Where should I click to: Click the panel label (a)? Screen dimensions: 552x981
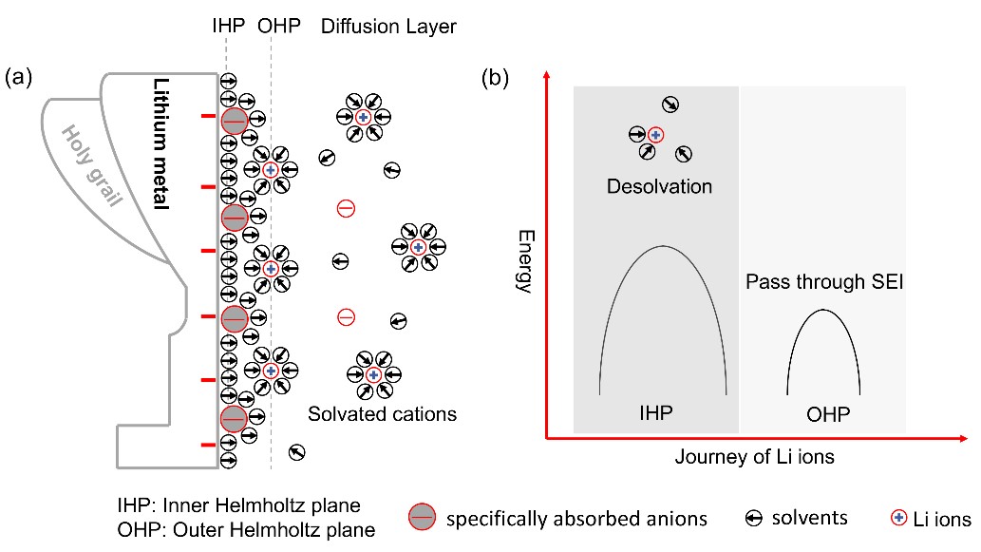click(20, 77)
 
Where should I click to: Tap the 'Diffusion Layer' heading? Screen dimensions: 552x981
click(388, 27)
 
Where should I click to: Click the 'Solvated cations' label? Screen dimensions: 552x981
click(382, 414)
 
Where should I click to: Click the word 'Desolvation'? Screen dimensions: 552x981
click(659, 186)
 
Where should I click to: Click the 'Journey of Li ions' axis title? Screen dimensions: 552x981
click(755, 457)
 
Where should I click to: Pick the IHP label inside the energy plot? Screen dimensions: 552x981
click(659, 413)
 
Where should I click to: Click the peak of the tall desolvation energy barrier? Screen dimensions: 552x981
click(663, 246)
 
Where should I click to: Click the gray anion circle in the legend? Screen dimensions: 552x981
click(422, 518)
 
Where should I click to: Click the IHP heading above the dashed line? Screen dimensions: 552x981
click(229, 27)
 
